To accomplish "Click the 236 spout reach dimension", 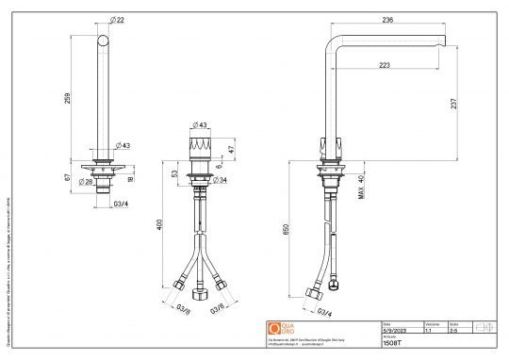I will (387, 18).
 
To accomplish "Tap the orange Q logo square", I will (274, 328).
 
